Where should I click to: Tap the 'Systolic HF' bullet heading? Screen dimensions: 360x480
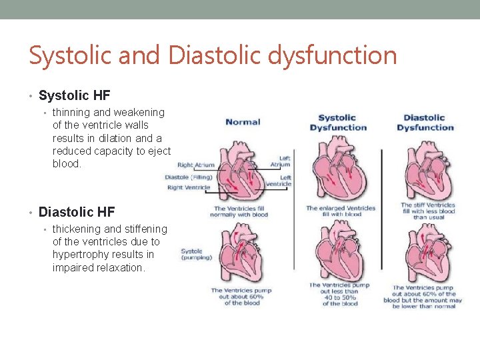[74, 96]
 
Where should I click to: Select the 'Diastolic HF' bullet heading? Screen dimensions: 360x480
[77, 212]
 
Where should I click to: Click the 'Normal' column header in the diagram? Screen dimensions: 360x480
[243, 122]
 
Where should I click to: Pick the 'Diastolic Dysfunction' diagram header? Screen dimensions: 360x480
[425, 123]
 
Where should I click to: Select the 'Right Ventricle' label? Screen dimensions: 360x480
[189, 187]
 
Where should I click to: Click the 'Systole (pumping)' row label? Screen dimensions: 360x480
[197, 254]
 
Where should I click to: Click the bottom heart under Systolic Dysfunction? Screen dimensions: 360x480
[340, 253]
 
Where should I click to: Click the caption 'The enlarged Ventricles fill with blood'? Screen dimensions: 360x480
[340, 211]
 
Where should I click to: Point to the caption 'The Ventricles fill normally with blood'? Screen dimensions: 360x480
[239, 211]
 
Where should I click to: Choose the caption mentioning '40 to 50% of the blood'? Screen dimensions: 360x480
[340, 294]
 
